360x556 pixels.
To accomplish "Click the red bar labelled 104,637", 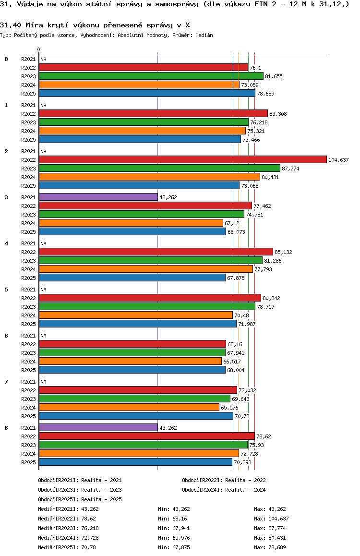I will coord(182,159).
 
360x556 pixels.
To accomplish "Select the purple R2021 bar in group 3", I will coord(98,197).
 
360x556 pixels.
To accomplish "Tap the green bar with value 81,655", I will coord(151,76).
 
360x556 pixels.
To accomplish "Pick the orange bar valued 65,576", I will coord(129,407).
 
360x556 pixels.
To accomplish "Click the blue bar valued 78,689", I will coord(147,93).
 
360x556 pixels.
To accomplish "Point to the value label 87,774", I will coord(290,169).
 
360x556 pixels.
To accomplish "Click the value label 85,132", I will coord(283,252).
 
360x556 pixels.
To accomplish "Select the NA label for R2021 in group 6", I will coord(43,336).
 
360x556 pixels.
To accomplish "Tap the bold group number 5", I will coord(6,290).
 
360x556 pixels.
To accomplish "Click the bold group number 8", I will coord(6,428).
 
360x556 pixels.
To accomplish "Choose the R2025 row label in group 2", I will coord(29,186).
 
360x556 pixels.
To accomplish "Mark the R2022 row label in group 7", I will coord(29,390).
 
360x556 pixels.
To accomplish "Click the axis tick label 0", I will coord(39,50).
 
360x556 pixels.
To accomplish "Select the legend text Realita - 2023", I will coord(101,490).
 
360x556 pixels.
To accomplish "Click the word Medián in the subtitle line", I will coord(204,35).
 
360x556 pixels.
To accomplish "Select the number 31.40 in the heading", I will coord(9,25).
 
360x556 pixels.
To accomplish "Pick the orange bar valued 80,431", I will coord(149,177).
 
